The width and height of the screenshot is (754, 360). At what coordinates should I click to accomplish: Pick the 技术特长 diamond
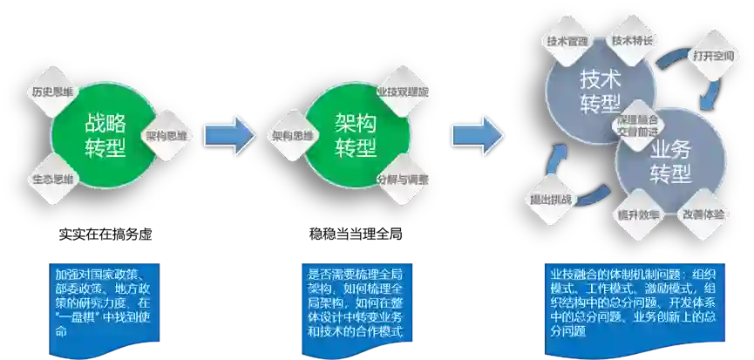pos(634,40)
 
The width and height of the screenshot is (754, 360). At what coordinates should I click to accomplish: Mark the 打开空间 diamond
pos(711,58)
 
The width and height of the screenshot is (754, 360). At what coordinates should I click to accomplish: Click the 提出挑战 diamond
pos(551,199)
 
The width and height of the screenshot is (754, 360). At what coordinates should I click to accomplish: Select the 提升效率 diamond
pos(635,214)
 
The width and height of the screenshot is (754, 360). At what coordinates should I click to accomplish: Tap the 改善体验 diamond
pos(702,214)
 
